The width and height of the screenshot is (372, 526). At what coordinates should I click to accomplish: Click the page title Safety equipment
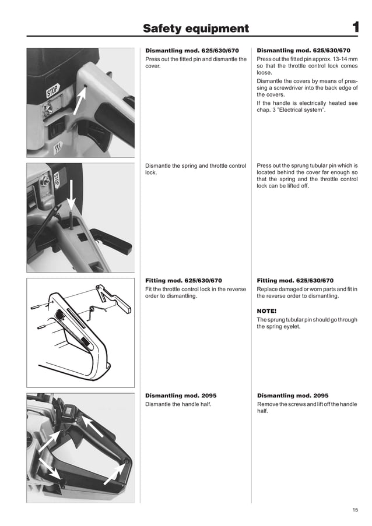coord(196,29)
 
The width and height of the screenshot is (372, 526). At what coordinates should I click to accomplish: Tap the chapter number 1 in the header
coord(355,27)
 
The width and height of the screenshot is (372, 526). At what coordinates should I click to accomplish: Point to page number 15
coord(355,510)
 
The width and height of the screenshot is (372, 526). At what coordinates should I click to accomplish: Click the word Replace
coord(269,289)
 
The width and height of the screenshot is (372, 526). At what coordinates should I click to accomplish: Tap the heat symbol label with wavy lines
coord(58,149)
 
